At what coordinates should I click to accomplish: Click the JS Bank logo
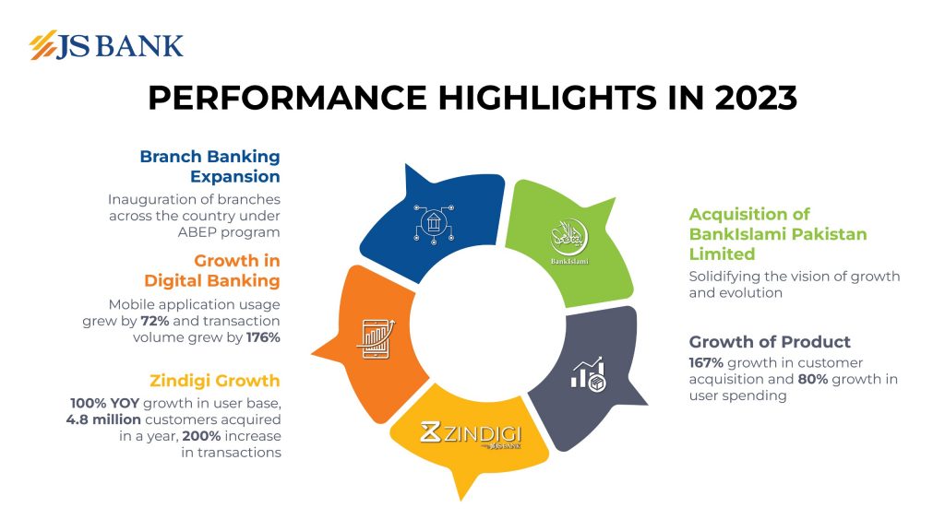coord(106,45)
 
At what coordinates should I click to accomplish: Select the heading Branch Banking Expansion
coord(209,166)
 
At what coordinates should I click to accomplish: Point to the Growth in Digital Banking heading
coord(211,270)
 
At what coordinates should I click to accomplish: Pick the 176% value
coord(263,337)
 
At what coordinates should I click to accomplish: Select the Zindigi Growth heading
coord(214,381)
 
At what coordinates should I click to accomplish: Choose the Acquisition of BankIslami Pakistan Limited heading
coord(778,234)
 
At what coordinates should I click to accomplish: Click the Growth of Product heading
coord(770,343)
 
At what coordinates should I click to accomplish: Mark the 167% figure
coord(707,362)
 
